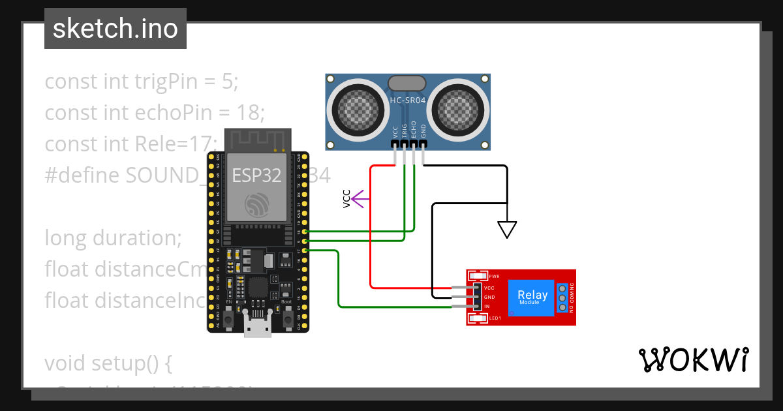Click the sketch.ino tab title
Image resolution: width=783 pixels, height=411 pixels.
tap(115, 29)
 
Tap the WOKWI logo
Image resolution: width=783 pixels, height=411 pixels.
tap(692, 360)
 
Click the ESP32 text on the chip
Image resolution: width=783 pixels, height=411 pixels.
tap(256, 175)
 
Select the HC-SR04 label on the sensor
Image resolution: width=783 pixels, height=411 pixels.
tap(408, 100)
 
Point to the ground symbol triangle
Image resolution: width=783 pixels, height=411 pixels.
tap(507, 229)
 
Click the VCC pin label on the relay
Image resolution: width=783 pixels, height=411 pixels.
tap(489, 288)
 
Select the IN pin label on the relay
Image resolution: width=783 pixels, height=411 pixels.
tap(487, 306)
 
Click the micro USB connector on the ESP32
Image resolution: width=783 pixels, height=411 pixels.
tap(258, 325)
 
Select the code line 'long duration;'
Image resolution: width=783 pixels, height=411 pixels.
tap(113, 238)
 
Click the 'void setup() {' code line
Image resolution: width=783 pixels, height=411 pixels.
tap(108, 363)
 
